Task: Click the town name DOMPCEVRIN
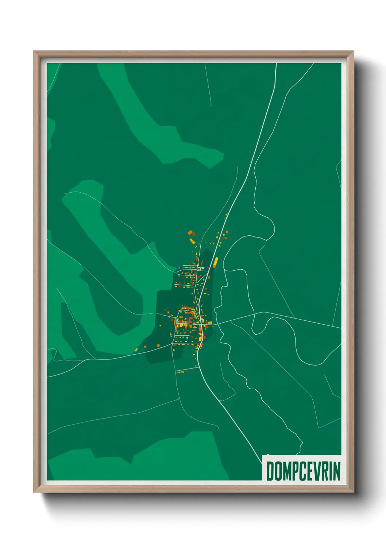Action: pos(303,471)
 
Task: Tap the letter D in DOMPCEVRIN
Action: pos(271,471)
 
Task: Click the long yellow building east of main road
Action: pos(216,261)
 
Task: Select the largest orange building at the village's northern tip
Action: pos(190,232)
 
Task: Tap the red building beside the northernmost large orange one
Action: pos(194,234)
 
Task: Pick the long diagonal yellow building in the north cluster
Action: pos(192,241)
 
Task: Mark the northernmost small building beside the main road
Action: pos(227,215)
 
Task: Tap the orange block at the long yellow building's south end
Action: pos(214,266)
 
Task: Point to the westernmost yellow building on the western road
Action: pos(136,350)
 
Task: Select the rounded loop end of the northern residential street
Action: pos(178,272)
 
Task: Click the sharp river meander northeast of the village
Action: pos(272,226)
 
